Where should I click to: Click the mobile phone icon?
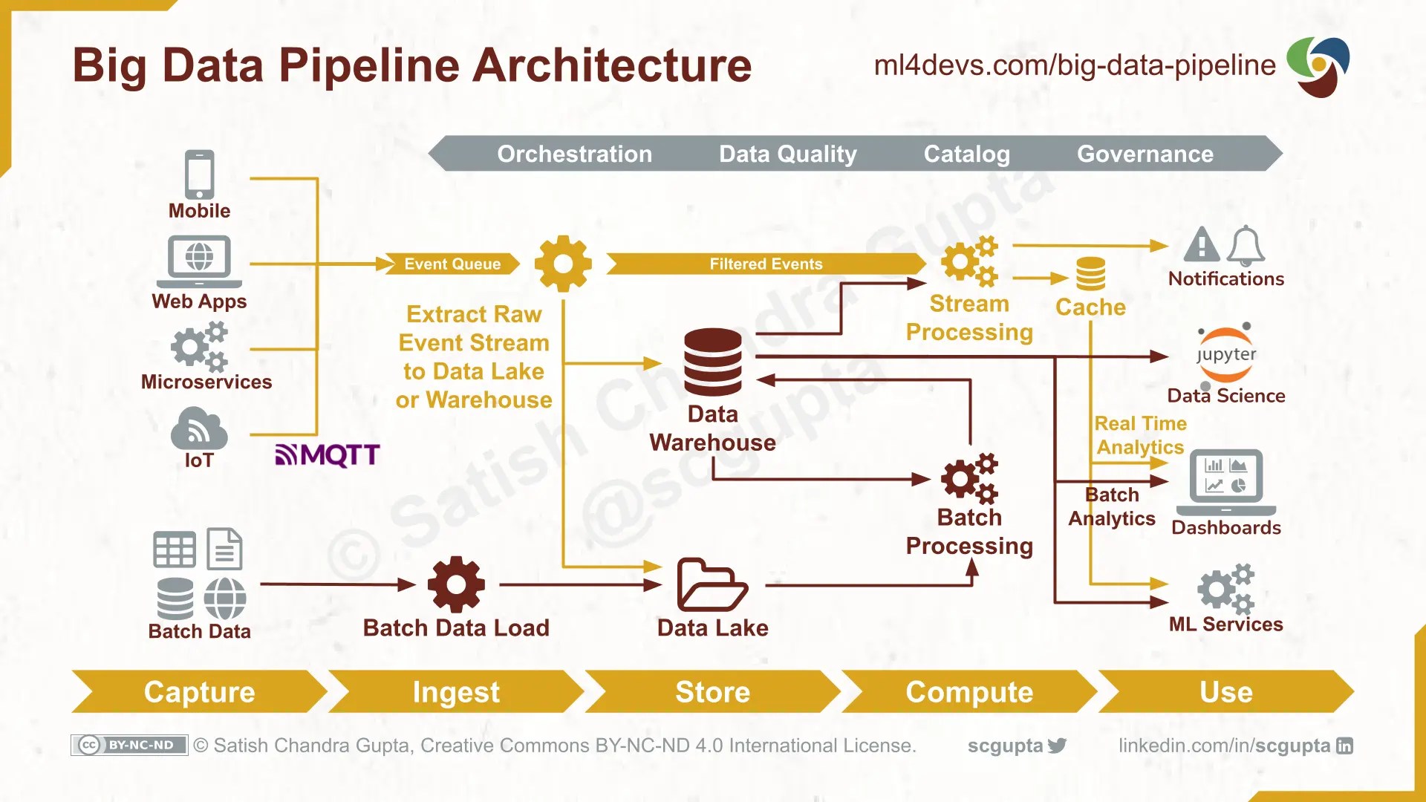(x=199, y=175)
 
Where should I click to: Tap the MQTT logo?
(x=328, y=454)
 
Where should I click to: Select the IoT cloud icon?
(x=198, y=428)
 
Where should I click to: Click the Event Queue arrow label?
(x=452, y=264)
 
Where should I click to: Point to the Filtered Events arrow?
(x=765, y=264)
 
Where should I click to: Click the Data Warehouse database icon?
(x=712, y=362)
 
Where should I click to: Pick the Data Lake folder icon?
(x=712, y=585)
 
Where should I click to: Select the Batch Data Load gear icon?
(x=456, y=585)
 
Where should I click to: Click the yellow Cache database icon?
(x=1090, y=274)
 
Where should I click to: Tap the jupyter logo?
(x=1225, y=354)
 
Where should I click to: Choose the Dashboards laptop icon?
(x=1225, y=481)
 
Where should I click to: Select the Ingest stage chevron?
(x=455, y=691)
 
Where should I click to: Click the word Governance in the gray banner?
(x=1145, y=154)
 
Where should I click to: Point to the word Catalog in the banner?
(x=966, y=154)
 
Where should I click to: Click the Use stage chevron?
(x=1225, y=691)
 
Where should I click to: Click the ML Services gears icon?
(x=1225, y=588)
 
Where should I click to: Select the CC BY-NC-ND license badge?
(x=129, y=745)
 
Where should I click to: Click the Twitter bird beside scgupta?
(x=1057, y=746)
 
